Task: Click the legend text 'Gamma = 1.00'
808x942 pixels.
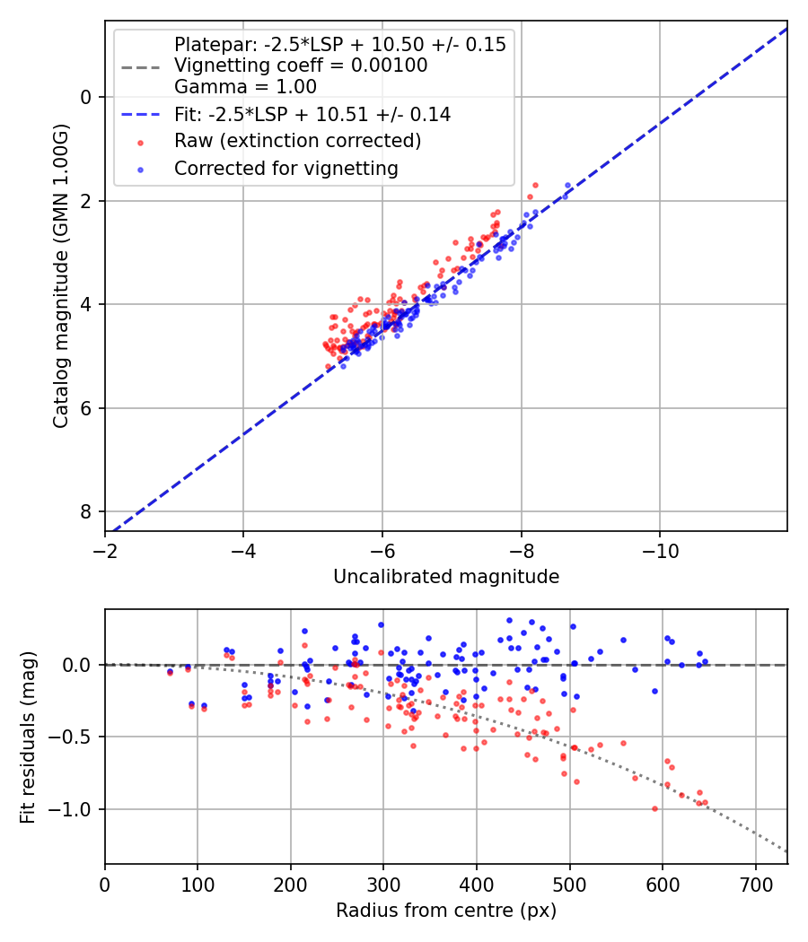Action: click(245, 88)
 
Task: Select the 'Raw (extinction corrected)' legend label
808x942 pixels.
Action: click(297, 141)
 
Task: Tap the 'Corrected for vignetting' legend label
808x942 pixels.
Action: click(286, 168)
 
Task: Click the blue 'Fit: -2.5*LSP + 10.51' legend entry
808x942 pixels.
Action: click(312, 115)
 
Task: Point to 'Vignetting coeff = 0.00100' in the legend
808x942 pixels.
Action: click(301, 66)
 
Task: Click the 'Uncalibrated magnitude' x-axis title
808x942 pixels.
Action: click(446, 577)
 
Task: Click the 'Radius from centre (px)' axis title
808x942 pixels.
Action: click(446, 911)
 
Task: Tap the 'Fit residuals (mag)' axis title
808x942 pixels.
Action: click(29, 737)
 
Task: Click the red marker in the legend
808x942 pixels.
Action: click(138, 142)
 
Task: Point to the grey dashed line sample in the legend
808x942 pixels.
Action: click(139, 66)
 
